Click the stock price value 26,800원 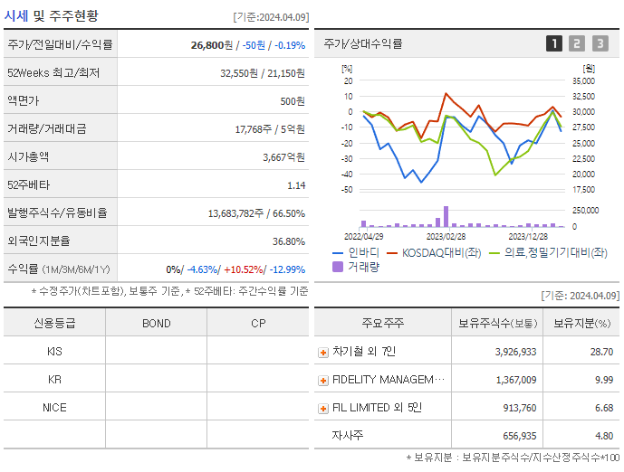point(213,44)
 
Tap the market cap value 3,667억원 point(283,156)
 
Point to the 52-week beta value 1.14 point(296,184)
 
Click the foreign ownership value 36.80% point(288,241)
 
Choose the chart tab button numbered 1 point(553,43)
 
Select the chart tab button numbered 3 point(600,43)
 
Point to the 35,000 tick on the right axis point(583,80)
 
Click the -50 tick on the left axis point(346,190)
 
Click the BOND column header point(156,323)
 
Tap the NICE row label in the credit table point(54,408)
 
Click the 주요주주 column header point(382,323)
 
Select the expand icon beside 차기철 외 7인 point(323,352)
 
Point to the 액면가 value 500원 point(293,100)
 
